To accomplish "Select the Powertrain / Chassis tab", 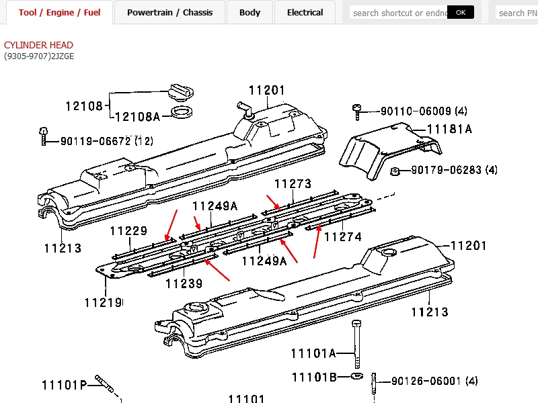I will click(169, 13).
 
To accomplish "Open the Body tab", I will click(249, 13).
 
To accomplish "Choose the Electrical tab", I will click(305, 13).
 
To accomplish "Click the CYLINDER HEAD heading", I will click(38, 45).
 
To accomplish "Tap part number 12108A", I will click(137, 117).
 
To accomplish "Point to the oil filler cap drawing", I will click(180, 92).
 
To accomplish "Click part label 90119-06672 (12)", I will click(106, 141).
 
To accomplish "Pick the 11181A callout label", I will click(449, 129).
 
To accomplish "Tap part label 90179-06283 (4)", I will click(454, 170).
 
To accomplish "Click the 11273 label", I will click(293, 184).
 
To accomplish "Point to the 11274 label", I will click(342, 236).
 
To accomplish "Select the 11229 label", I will click(128, 232).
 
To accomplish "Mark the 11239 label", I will click(184, 283).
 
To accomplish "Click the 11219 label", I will click(103, 303).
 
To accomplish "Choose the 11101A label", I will click(313, 353).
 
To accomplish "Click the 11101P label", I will click(64, 386).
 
